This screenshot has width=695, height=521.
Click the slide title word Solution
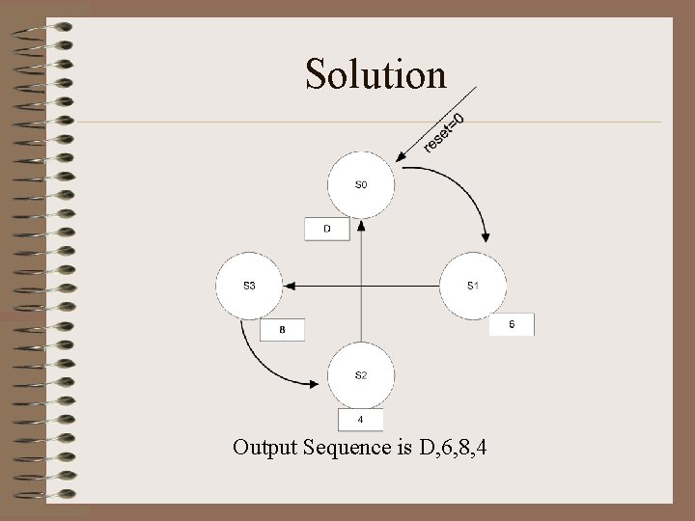click(375, 73)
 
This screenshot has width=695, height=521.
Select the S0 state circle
click(360, 184)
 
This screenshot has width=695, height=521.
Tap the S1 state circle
click(473, 286)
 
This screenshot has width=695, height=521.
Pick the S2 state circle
click(360, 375)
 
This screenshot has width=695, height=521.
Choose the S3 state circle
click(249, 286)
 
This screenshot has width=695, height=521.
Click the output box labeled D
click(327, 229)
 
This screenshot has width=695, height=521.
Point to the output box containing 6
click(512, 325)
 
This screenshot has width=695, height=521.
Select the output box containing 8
click(282, 330)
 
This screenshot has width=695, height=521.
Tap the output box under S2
click(360, 420)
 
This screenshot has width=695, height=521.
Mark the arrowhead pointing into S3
click(290, 286)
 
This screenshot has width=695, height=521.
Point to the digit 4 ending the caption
click(481, 447)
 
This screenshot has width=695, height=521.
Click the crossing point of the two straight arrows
click(361, 286)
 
